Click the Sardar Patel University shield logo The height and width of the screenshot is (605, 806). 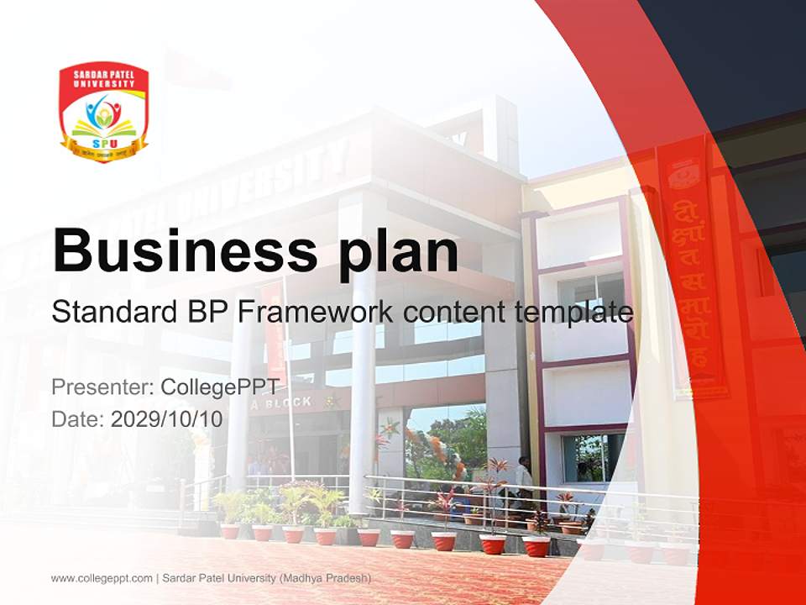coord(103,111)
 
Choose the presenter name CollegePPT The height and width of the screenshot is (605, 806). coord(219,387)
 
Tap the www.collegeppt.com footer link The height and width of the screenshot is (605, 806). coord(102,578)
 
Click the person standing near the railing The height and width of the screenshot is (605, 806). coord(524,483)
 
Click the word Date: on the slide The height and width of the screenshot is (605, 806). coord(78,419)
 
